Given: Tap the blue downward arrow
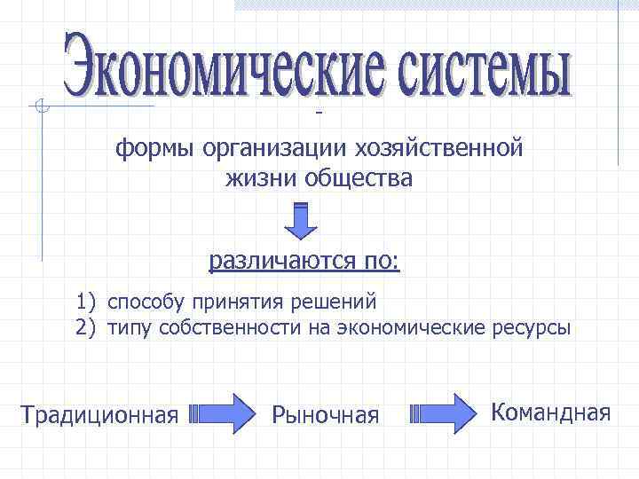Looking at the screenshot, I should click(x=301, y=222).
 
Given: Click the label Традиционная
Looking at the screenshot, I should click(x=100, y=414).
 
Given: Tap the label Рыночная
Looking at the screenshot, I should click(x=326, y=414).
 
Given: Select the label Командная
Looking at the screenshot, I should click(x=551, y=412).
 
